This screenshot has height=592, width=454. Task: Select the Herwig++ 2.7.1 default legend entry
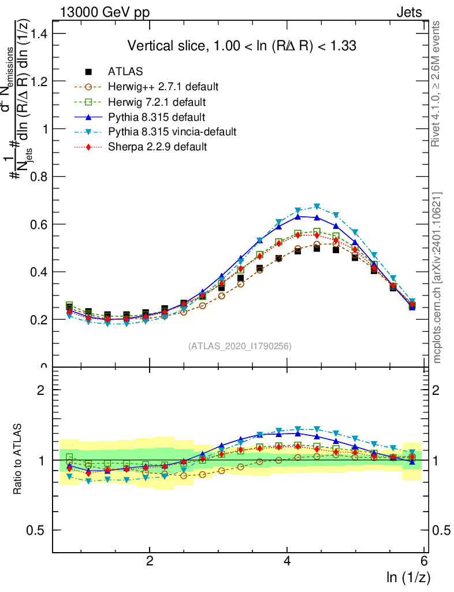coord(163,87)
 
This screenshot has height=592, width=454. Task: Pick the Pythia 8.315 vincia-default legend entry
coord(172,132)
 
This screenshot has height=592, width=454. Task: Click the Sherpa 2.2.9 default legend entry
coord(158,147)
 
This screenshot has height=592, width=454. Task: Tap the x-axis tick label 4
coord(287,561)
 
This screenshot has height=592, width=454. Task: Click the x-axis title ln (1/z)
coord(407,577)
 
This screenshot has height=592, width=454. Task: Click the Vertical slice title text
coord(241,46)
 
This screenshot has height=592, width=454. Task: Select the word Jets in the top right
coord(408,12)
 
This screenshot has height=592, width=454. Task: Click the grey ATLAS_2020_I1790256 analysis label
coord(239,346)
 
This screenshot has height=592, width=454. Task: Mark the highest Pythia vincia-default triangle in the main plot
coord(317,206)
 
